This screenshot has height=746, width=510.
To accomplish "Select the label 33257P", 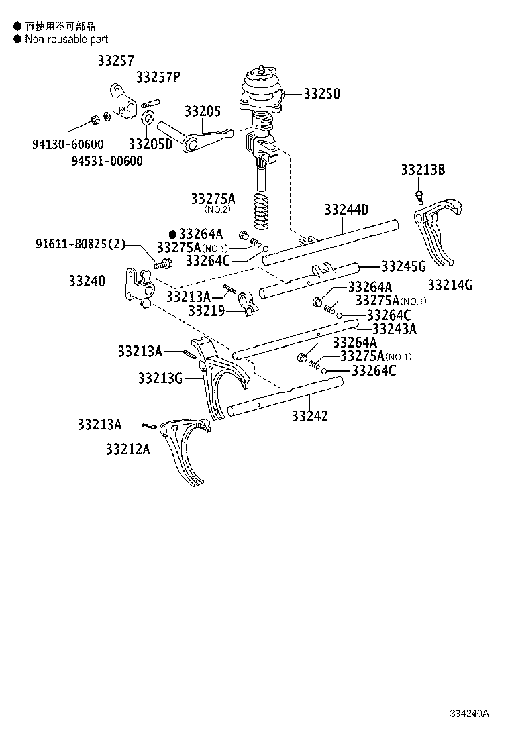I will coord(158,77).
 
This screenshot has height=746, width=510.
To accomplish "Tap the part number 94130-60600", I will coord(68,144).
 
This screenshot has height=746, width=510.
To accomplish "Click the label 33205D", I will coord(151,144).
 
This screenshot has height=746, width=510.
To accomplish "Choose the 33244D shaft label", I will coord(346,210).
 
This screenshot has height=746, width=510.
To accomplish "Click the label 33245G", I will coord(404,266).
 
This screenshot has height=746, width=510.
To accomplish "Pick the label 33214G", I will coord(450,284).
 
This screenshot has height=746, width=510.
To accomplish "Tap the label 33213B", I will coord(423,170).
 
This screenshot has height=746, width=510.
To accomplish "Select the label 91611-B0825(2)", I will coord(81,244).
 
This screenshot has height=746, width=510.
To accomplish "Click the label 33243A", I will coord(394,329).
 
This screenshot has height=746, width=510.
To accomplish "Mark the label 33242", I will coord(310,416).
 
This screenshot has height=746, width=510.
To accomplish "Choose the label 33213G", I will coord(160,378).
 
